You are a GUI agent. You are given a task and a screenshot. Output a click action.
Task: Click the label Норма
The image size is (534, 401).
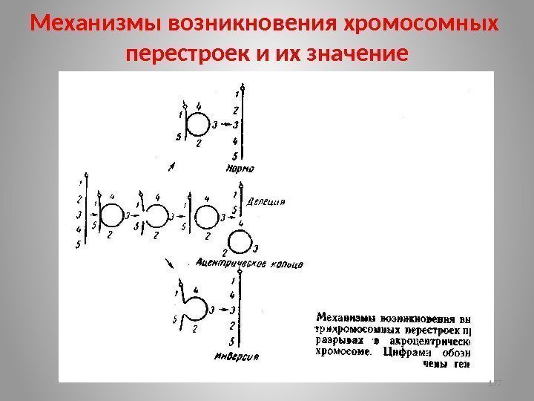[x=239, y=169]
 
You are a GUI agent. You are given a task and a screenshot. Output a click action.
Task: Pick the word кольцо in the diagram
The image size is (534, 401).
[x=286, y=264]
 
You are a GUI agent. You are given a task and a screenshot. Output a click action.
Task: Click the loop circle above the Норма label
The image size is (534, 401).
[x=197, y=123]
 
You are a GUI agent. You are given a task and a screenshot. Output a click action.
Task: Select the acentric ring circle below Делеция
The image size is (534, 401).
[x=239, y=243]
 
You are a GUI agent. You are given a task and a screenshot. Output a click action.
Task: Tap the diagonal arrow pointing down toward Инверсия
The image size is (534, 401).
[x=170, y=263]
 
